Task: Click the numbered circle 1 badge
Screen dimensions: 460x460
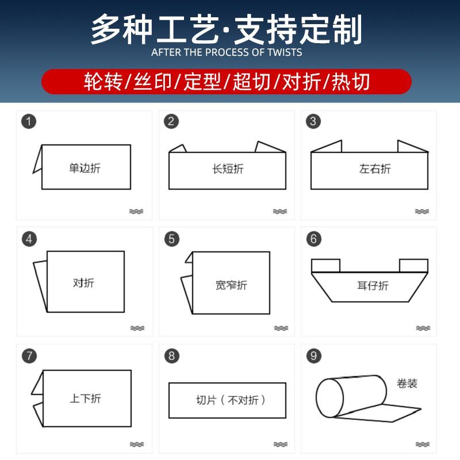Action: point(29,121)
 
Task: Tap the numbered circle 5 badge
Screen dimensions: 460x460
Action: point(171,239)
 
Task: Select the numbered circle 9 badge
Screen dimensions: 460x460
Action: point(313,355)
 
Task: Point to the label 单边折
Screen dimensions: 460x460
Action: point(85,168)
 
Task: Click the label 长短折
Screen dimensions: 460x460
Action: point(228,168)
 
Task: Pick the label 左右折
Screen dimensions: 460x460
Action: point(375,168)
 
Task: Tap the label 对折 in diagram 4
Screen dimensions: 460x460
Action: point(83,283)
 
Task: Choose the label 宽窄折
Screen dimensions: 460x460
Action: point(231,285)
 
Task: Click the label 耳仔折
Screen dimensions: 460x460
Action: point(373,285)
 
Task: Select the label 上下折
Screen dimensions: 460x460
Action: point(85,398)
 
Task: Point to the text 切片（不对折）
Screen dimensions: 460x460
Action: point(231,400)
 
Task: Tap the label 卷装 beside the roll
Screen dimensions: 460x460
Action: point(407,383)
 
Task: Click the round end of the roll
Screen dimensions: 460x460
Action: point(329,398)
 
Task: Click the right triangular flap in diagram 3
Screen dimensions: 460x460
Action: point(412,146)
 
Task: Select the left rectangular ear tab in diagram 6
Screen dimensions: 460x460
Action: point(325,266)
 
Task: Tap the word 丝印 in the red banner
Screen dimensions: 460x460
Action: point(152,82)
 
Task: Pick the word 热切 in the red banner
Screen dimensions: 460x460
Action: point(351,82)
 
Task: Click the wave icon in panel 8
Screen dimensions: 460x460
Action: point(281,444)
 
